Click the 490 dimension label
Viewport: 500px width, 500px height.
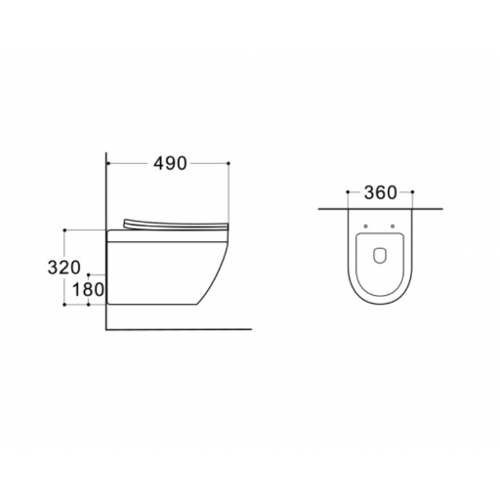(x=170, y=163)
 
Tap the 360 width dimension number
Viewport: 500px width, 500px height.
(x=380, y=192)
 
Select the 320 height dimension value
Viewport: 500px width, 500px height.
(x=63, y=268)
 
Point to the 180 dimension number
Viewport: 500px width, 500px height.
(x=88, y=290)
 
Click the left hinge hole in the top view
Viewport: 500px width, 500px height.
(x=365, y=227)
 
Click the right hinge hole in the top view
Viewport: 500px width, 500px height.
(x=393, y=227)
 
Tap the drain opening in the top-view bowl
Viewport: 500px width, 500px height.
(x=380, y=256)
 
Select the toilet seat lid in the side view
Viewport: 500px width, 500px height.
(x=176, y=225)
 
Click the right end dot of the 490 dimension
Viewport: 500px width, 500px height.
(x=229, y=163)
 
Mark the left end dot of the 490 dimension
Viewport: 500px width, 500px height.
(x=107, y=163)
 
